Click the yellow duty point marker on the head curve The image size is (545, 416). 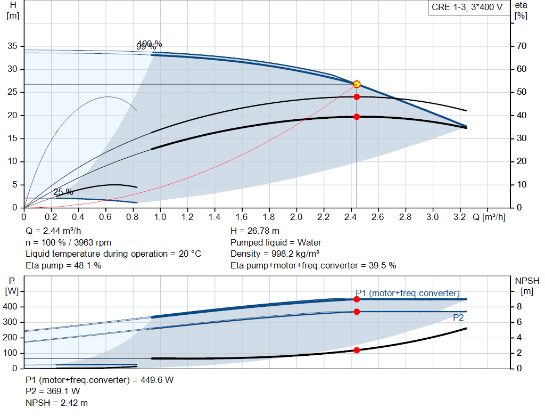[357, 84]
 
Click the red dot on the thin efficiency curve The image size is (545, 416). [357, 97]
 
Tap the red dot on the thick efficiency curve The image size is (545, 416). [357, 117]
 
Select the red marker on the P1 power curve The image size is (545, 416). [357, 299]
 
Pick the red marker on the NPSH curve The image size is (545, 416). [357, 350]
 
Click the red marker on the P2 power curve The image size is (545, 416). [357, 312]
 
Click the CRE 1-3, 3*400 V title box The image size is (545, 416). [467, 9]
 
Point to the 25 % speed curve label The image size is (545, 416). [63, 192]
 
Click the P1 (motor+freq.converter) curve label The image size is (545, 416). [408, 293]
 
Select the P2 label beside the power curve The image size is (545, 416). [458, 317]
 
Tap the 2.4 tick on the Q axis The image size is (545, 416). [350, 217]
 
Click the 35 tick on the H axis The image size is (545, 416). [13, 46]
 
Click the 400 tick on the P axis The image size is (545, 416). [11, 307]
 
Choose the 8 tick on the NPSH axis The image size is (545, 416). [519, 307]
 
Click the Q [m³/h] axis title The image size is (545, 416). [489, 217]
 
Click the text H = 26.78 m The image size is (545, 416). [255, 231]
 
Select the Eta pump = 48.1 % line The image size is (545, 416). [63, 265]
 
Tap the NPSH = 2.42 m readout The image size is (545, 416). [57, 403]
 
